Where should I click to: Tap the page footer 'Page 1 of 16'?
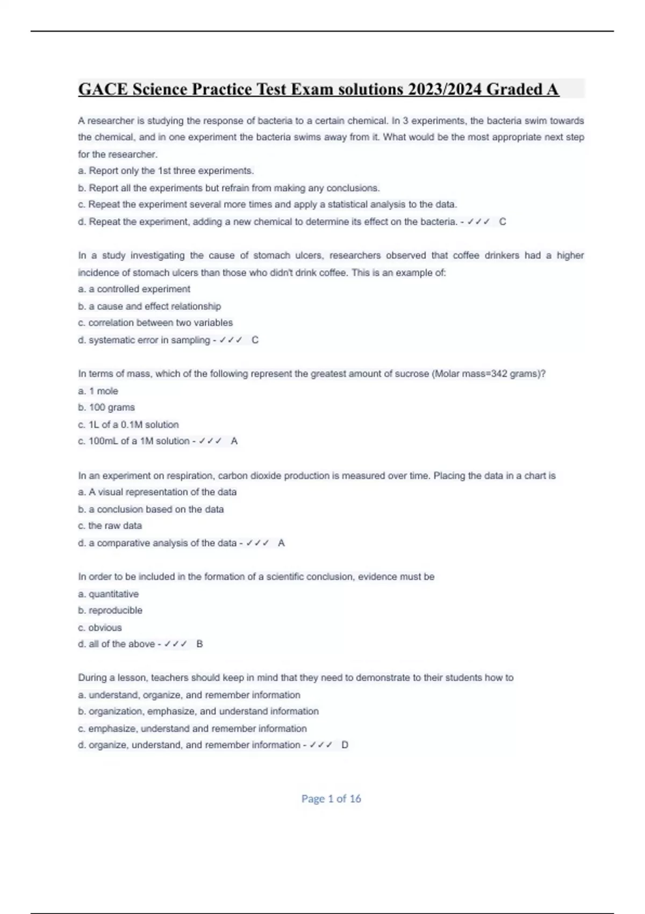click(x=331, y=799)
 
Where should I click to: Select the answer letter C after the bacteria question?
click(x=503, y=222)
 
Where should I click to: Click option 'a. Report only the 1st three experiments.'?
click(x=166, y=171)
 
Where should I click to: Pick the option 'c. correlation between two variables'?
click(x=155, y=323)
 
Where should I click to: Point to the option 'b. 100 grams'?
click(x=106, y=408)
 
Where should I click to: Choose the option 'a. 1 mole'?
click(x=98, y=391)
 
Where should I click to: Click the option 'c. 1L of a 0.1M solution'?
click(x=128, y=424)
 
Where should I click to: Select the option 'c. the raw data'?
click(x=110, y=526)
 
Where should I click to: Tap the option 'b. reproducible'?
click(x=110, y=610)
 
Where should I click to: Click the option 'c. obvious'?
click(x=100, y=627)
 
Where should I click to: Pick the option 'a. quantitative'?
click(x=108, y=594)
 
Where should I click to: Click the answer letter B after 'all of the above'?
click(x=200, y=644)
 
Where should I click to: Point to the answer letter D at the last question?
click(x=345, y=745)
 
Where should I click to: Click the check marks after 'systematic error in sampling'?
click(x=231, y=340)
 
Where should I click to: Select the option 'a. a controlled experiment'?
click(x=134, y=289)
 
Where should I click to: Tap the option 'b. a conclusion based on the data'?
click(x=151, y=509)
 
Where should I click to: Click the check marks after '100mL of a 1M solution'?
click(x=210, y=441)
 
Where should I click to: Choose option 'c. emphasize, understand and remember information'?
click(x=192, y=729)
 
